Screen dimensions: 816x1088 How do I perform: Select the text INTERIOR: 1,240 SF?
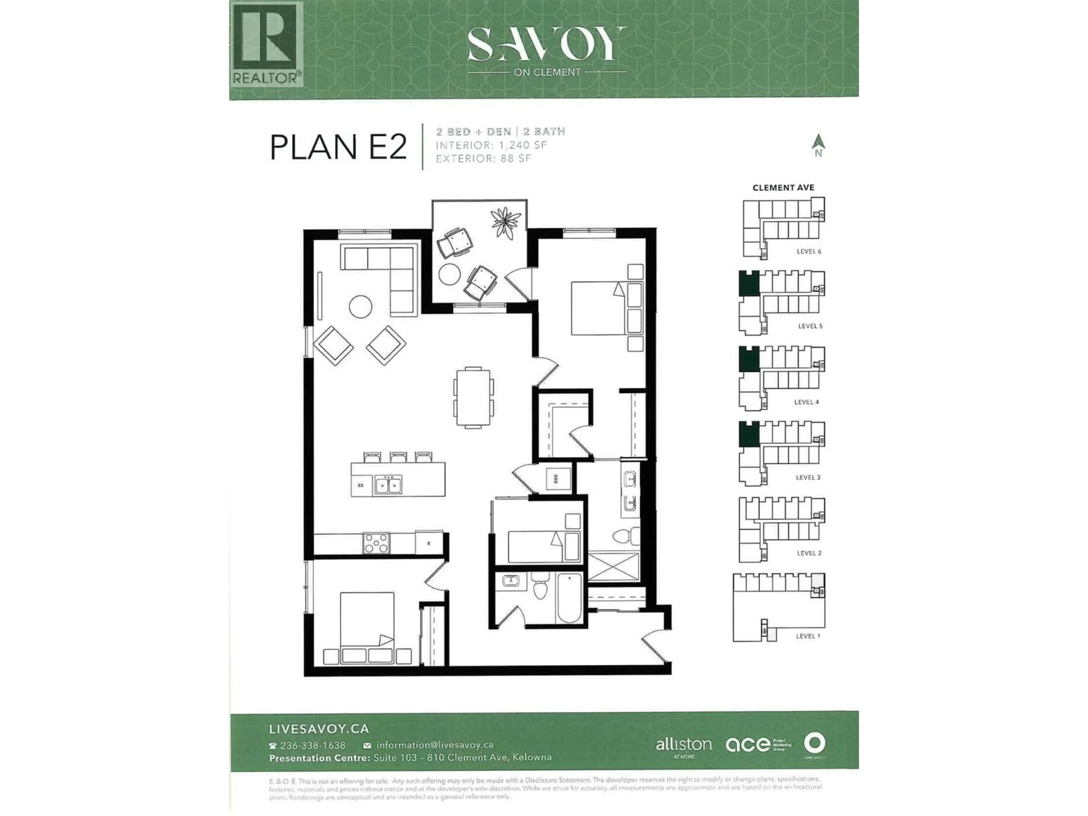pos(491,145)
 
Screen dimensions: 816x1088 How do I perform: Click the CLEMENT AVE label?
pos(783,187)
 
